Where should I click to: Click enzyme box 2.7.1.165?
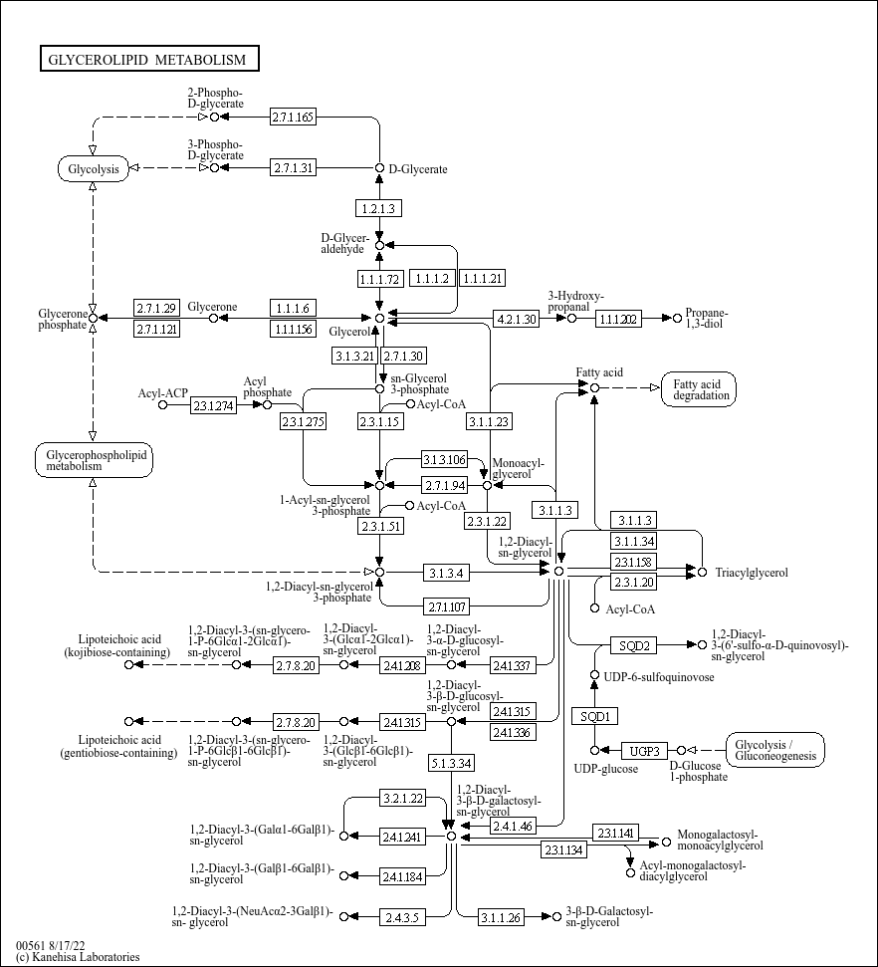coord(293,117)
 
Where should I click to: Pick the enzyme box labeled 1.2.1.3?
coord(378,208)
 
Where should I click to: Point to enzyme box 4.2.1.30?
coord(517,319)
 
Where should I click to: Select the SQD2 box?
coord(634,645)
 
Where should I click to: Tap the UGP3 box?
coord(644,751)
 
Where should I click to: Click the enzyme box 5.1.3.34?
coord(451,764)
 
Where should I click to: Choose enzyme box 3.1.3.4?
coord(446,573)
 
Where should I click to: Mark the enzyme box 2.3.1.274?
coord(213,405)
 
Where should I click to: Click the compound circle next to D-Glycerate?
coord(380,168)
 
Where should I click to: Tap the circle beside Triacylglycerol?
coord(702,573)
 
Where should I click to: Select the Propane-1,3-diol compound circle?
coord(677,318)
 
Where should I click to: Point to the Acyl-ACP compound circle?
coord(163,404)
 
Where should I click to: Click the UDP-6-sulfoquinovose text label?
coord(659,677)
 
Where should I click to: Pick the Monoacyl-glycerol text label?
coord(518,469)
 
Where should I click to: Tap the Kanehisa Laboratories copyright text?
coord(79,957)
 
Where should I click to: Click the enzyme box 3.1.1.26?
coord(501,917)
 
